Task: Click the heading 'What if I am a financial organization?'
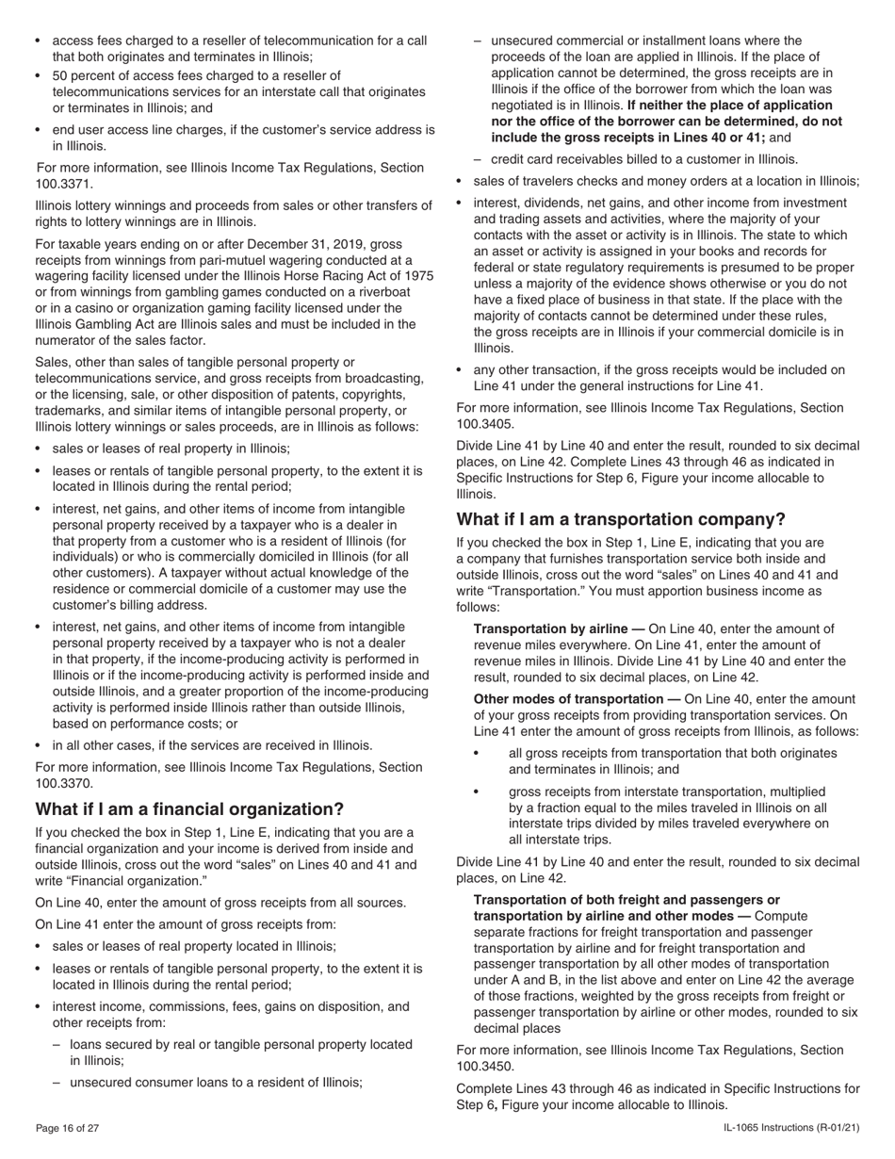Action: (189, 809)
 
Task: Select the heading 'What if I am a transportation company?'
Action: (621, 519)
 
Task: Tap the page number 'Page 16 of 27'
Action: (67, 1128)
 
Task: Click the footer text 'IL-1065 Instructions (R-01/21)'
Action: (791, 1128)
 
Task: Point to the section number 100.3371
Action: (64, 184)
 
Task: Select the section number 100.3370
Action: (64, 783)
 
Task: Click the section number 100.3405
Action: (485, 424)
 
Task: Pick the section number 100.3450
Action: (485, 1067)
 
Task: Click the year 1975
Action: (417, 275)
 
